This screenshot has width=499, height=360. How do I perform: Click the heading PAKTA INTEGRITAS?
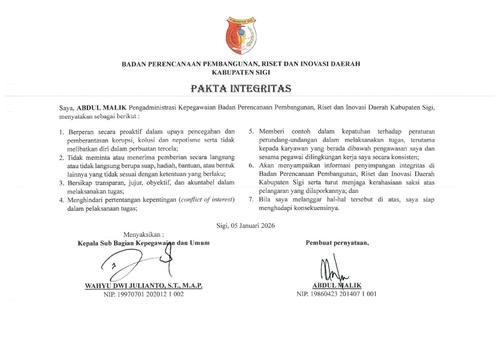(241, 88)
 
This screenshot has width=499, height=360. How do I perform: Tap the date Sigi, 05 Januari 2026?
(245, 225)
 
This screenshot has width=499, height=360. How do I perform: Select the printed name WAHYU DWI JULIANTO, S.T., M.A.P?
(144, 286)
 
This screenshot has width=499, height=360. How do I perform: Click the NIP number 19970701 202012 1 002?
(144, 294)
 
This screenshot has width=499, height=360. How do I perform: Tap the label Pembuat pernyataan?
(337, 242)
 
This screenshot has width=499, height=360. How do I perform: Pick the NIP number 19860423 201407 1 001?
(336, 294)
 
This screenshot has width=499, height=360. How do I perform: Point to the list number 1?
(62, 132)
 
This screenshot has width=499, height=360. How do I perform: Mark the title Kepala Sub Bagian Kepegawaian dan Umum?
(144, 243)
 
